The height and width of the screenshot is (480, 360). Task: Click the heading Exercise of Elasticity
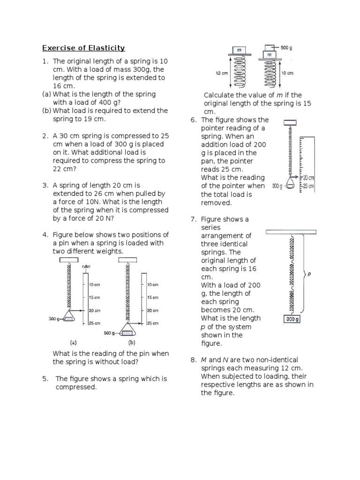pos(83,48)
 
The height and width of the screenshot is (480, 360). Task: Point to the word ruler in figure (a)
pos(86,266)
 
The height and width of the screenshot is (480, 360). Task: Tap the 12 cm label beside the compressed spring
pos(221,73)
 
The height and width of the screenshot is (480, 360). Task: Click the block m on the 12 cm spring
pos(239,50)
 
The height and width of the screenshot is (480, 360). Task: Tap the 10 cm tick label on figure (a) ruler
pos(94,285)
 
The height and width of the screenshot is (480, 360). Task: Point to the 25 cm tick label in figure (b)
pos(152,323)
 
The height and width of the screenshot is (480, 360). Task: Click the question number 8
pos(193,360)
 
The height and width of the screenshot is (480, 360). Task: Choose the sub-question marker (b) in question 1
pos(46,111)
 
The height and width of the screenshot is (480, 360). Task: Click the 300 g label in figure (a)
pos(55,319)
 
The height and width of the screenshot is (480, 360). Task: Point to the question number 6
pos(193,120)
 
